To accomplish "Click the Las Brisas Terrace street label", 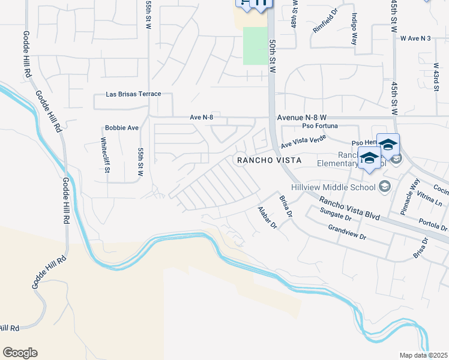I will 133,94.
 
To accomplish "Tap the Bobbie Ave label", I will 122,128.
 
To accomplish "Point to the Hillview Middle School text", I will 337,187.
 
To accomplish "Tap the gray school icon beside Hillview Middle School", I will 385,187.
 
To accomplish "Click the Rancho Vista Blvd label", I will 349,208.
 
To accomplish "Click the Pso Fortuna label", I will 320,126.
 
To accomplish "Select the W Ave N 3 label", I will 415,38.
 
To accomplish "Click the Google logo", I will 20,353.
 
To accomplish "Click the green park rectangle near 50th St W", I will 255,46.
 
